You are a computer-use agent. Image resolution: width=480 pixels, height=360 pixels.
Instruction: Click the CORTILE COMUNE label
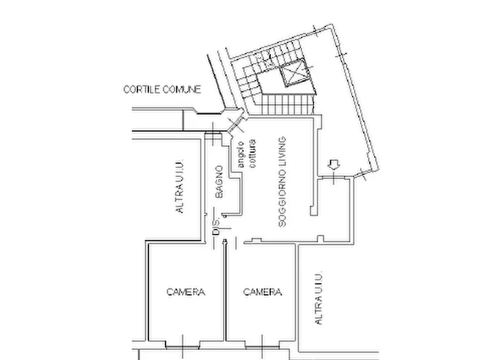coord(162,89)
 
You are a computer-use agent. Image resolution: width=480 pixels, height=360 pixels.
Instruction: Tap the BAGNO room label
coord(219,182)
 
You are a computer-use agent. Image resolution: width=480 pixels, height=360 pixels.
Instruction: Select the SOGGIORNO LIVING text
coord(282,182)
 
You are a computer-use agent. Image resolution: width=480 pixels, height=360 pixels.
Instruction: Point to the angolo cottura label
coord(247,154)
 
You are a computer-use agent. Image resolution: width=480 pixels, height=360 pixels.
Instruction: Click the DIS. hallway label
coord(216,227)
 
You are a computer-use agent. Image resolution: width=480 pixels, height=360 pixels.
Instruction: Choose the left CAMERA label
coord(186,292)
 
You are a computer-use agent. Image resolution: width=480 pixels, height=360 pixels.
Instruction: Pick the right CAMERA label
coord(262,292)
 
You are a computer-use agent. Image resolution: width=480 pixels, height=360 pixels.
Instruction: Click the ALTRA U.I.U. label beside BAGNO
coord(179,186)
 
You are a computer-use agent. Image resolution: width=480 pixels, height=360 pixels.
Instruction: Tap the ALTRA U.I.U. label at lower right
coord(318,298)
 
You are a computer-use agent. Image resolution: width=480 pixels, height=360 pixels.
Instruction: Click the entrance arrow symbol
coord(334,164)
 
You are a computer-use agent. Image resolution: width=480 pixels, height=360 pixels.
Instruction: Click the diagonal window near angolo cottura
coord(237,124)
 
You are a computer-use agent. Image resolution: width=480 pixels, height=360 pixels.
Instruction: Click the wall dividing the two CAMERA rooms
coord(225,291)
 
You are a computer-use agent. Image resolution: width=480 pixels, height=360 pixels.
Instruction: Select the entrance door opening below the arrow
coord(333,177)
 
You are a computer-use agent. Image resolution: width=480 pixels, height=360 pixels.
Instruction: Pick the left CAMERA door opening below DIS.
coord(219,244)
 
